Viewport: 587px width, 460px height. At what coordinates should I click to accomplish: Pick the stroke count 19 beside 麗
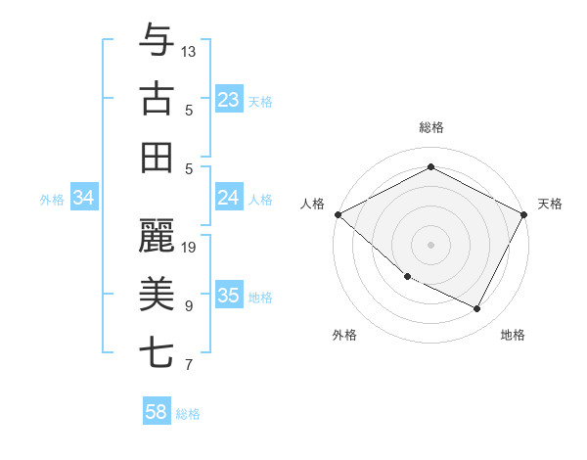coord(189,247)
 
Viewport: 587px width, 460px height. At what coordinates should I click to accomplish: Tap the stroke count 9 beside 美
coord(189,305)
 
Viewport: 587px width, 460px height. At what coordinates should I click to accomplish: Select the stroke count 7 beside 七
coord(189,365)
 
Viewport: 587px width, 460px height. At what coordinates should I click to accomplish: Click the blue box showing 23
coord(228,100)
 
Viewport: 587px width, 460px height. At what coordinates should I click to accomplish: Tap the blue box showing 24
coord(228,199)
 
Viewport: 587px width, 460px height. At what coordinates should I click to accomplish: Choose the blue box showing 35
coord(228,297)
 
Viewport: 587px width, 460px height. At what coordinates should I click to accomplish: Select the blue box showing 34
coord(84,199)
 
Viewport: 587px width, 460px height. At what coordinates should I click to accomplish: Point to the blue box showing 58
coord(157,413)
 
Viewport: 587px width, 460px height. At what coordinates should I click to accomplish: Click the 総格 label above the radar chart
coord(430,128)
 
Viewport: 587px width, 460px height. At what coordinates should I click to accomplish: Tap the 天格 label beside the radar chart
coord(550,204)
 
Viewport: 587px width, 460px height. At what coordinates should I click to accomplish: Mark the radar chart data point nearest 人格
coord(338,214)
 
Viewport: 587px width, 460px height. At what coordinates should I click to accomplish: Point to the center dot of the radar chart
coord(430,245)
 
